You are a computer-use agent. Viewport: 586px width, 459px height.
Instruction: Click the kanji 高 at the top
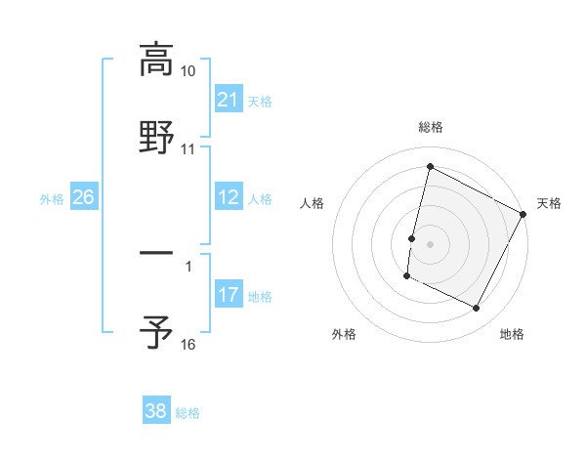156,61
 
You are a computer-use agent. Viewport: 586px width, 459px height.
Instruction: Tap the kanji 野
156,137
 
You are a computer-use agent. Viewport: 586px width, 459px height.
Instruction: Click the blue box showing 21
228,100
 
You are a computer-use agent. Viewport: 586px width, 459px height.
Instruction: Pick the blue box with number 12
228,197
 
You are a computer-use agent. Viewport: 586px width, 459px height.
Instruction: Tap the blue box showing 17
228,295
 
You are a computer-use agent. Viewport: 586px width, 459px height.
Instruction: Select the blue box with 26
83,197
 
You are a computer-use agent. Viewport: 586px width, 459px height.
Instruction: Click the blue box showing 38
156,410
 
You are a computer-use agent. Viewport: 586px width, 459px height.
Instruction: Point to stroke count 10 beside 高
188,72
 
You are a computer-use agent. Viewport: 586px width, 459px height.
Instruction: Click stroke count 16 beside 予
188,344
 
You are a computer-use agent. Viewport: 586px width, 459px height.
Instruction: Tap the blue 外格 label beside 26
52,198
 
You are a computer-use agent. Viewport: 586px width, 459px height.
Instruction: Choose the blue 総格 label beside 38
188,412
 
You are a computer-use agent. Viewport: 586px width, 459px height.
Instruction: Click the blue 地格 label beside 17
260,296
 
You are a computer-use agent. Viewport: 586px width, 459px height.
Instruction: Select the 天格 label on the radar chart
549,203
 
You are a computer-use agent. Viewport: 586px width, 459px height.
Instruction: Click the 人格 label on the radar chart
312,203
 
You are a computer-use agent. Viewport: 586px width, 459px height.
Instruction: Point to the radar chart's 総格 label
431,127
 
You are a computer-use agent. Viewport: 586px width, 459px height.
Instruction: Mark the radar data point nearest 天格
523,213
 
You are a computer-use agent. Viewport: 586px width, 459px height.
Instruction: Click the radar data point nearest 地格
477,309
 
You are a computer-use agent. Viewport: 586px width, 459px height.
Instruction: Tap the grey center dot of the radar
431,242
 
